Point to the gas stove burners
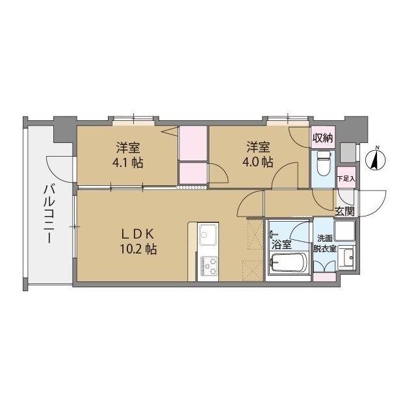pyautogui.click(x=209, y=265)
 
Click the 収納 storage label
pyautogui.click(x=322, y=137)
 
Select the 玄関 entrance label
pyautogui.click(x=344, y=211)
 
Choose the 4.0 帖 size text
pyautogui.click(x=259, y=162)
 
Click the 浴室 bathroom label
pyautogui.click(x=281, y=244)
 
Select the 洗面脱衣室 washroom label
pyautogui.click(x=324, y=243)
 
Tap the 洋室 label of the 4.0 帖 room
pyautogui.click(x=259, y=147)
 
